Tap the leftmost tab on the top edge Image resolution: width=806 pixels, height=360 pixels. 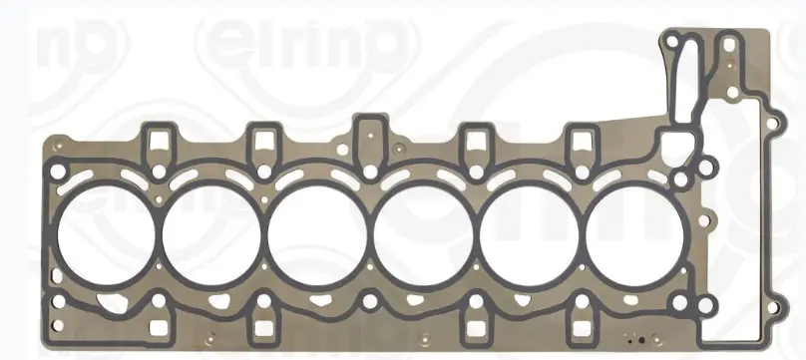(157, 141)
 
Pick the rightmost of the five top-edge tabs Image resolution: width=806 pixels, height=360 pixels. (580, 141)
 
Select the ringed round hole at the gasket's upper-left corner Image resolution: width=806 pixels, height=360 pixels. (59, 152)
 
